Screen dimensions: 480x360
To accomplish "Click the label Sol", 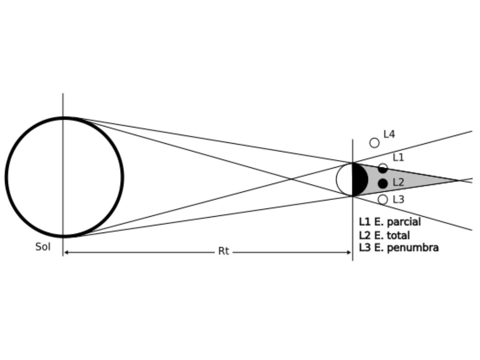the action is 43,247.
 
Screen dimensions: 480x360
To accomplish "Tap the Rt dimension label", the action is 224,251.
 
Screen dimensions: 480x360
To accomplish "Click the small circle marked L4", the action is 374,143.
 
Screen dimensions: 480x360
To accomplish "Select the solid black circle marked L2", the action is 382,184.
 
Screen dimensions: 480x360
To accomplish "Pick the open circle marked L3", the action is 382,199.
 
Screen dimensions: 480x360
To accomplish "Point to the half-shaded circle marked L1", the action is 382,168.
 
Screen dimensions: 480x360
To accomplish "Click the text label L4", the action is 389,134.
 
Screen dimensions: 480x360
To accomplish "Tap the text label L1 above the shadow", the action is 398,157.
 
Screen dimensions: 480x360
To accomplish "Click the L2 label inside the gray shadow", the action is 398,182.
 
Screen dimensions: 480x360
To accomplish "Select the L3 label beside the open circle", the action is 398,199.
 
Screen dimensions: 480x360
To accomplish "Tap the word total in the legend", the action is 398,235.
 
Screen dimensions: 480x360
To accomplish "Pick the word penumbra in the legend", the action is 413,248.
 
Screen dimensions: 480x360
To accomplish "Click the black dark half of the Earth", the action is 359,179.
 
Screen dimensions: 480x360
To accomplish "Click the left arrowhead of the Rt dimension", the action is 65,253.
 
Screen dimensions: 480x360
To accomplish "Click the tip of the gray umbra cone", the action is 458,180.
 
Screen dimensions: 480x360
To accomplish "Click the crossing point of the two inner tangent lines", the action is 291,179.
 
